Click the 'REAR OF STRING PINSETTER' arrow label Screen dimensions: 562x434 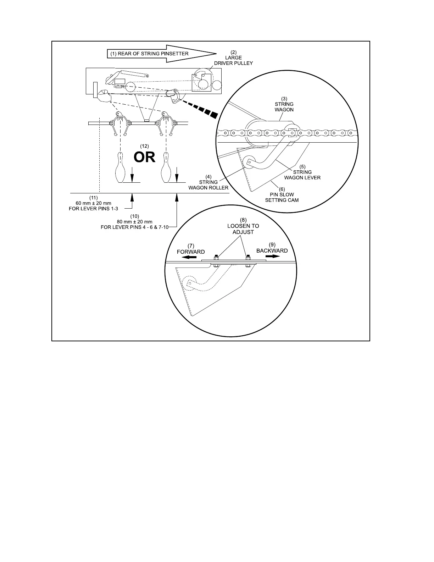click(153, 54)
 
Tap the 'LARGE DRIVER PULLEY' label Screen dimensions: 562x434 click(233, 60)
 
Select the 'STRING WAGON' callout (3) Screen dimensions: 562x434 click(284, 107)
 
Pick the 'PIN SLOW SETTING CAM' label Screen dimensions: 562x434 click(282, 197)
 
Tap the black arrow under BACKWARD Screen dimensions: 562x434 click(272, 256)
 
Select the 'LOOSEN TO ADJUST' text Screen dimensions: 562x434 click(243, 229)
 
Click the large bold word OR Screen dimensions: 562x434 click(144, 157)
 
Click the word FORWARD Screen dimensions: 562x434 click(191, 252)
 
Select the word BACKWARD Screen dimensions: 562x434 click(272, 250)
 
